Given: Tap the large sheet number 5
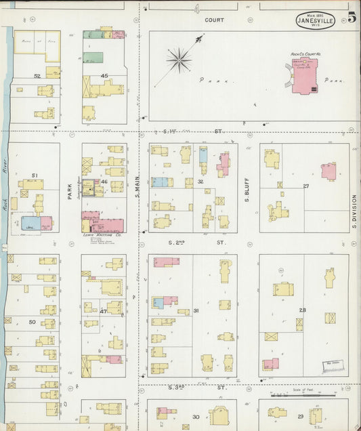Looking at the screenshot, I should pyautogui.click(x=352, y=18).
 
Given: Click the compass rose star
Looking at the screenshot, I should pyautogui.click(x=179, y=59).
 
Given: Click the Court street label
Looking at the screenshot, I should pyautogui.click(x=215, y=20).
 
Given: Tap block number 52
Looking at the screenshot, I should pyautogui.click(x=37, y=75).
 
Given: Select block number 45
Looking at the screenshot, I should pyautogui.click(x=104, y=75).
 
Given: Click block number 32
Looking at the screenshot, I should pyautogui.click(x=200, y=182).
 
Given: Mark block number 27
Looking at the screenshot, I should pyautogui.click(x=305, y=186).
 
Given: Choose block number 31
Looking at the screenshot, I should pyautogui.click(x=196, y=311).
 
